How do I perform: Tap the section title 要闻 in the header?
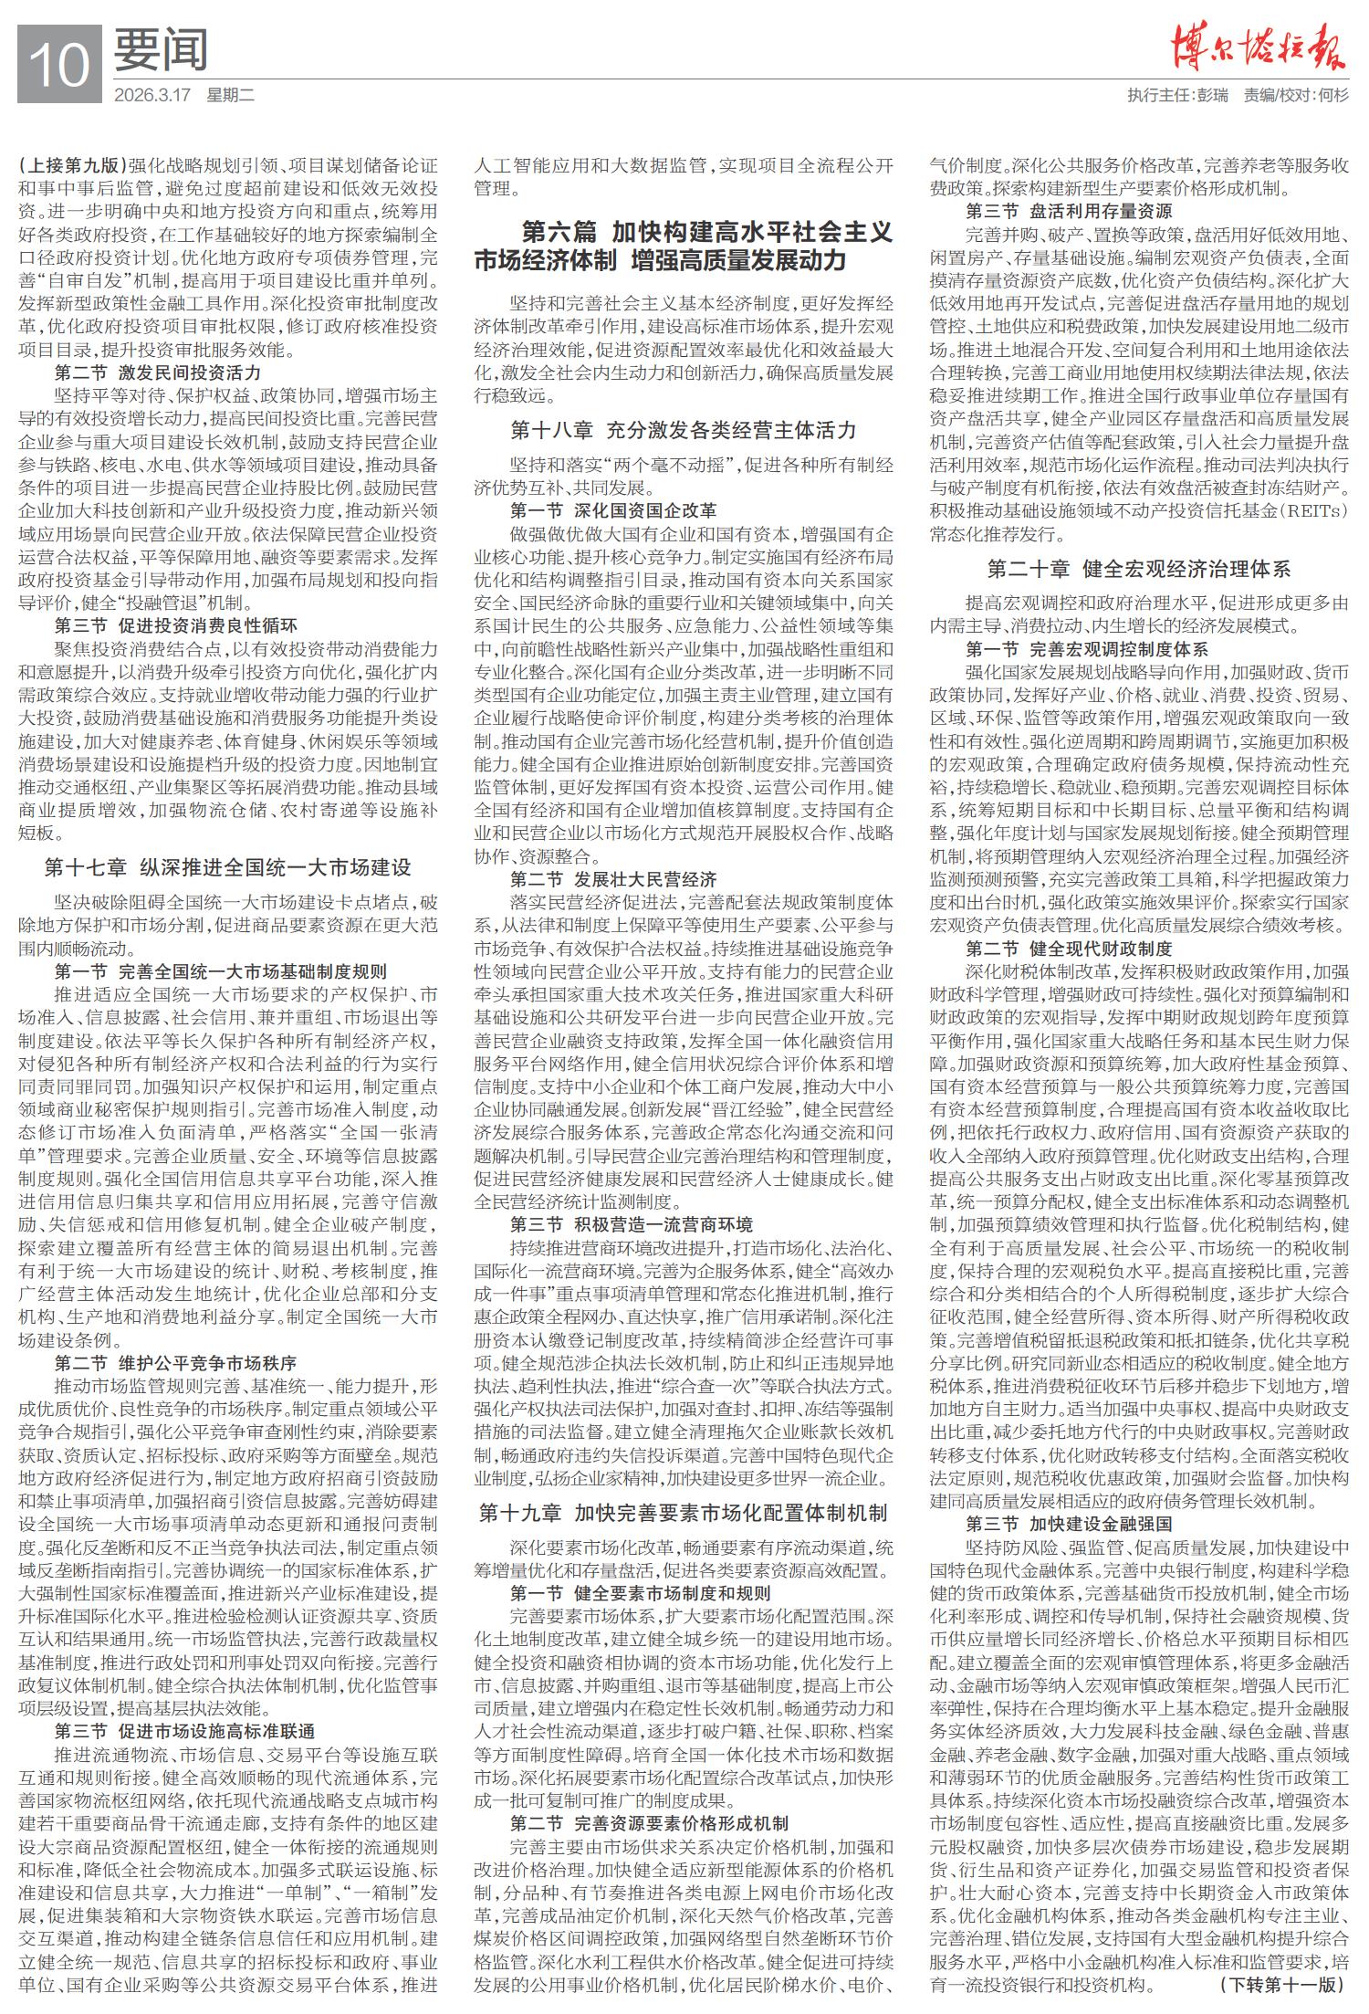(161, 50)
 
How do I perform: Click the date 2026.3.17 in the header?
(152, 95)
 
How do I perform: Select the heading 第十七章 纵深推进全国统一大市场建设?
(227, 866)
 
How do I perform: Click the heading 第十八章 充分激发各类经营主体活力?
(683, 430)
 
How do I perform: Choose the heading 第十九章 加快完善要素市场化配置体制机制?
(683, 1513)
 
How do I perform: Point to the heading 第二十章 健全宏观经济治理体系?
(1139, 570)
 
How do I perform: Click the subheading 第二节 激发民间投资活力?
(158, 372)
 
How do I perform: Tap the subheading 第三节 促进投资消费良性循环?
(176, 625)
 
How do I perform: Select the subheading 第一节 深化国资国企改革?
(613, 510)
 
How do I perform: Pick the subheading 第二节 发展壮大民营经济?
(613, 879)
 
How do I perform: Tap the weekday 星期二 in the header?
(231, 95)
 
